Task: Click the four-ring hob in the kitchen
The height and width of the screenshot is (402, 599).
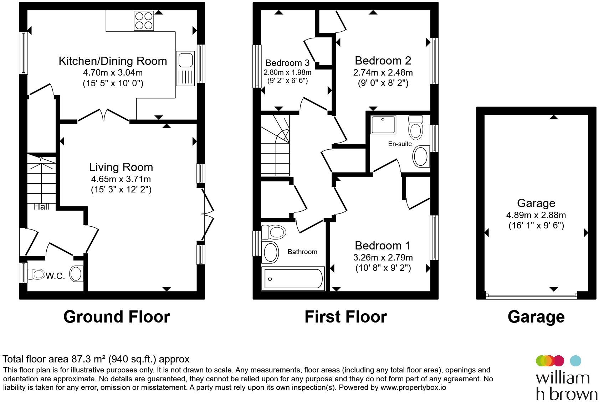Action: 144,21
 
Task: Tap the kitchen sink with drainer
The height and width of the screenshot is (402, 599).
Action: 185,69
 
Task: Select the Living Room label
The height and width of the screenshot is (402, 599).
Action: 121,167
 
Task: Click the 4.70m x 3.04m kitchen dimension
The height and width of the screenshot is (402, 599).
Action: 113,72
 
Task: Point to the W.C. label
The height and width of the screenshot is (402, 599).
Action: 55,276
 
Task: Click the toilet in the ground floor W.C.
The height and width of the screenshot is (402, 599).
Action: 36,274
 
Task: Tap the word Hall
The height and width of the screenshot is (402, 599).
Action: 41,207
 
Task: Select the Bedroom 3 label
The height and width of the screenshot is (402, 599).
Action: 287,63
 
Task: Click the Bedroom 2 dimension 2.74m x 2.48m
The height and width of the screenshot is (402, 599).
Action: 383,72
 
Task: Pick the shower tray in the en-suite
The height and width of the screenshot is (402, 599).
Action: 383,125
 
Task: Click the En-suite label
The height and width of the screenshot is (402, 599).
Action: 400,144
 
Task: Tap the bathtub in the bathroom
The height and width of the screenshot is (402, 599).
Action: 293,279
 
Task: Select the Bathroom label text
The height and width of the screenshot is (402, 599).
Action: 302,252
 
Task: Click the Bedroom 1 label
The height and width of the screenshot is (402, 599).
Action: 383,246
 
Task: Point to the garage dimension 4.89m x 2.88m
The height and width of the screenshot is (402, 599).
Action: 536,215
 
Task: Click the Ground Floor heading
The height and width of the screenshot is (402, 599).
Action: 117,317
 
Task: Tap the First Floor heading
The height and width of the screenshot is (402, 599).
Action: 345,317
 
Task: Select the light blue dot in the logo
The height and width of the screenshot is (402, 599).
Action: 575,361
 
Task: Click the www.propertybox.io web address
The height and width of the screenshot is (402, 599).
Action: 413,387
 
